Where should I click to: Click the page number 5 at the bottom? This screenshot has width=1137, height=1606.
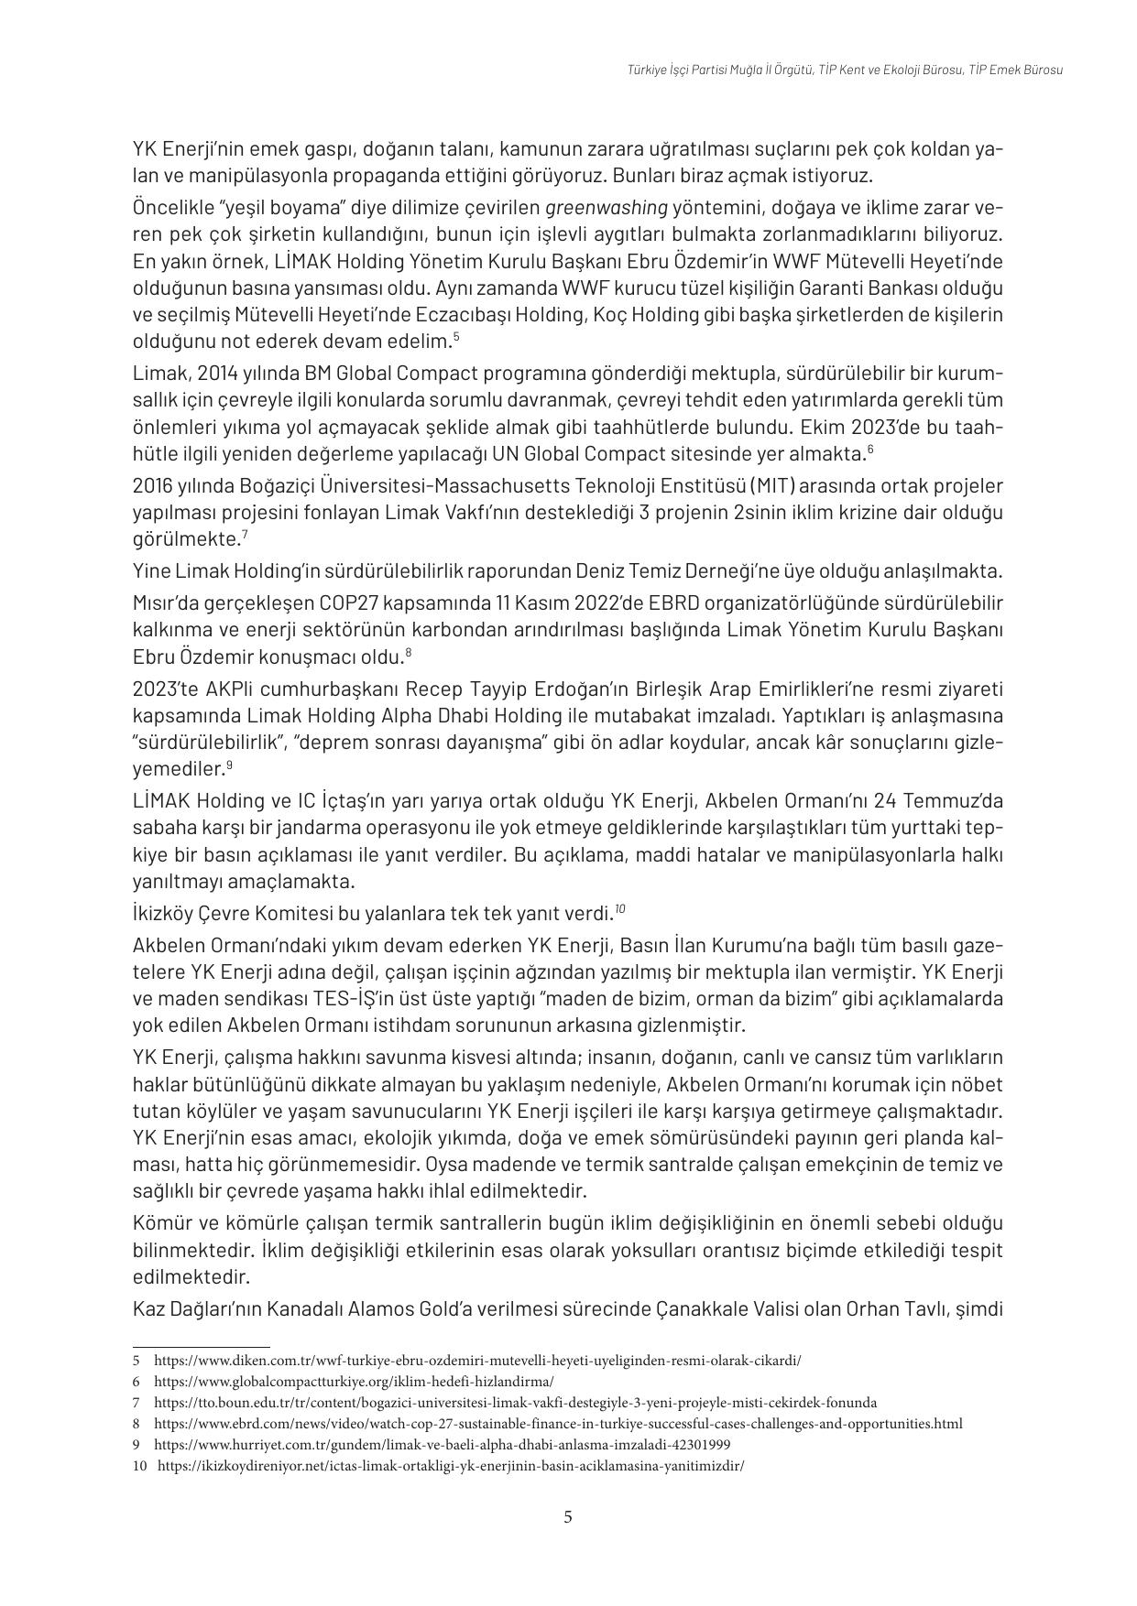(568, 1517)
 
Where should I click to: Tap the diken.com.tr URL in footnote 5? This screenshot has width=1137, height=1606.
(477, 1361)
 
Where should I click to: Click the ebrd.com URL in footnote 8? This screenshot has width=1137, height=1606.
(558, 1424)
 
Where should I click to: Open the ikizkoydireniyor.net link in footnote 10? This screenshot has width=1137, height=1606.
(451, 1466)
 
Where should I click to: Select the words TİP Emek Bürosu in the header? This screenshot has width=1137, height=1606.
(1016, 70)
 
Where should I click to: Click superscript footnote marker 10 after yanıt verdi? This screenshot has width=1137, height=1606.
(619, 908)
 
